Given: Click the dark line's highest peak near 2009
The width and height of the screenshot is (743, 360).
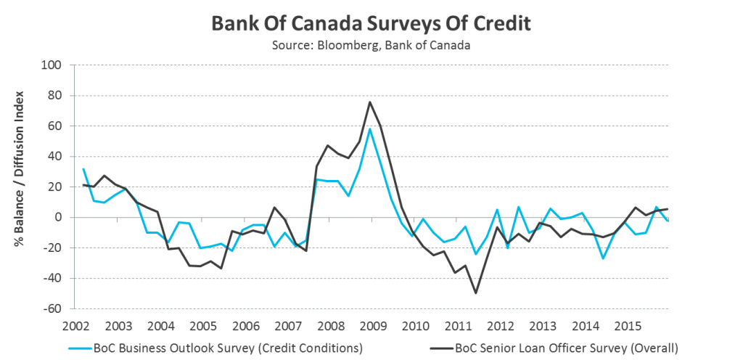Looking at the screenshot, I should (369, 102).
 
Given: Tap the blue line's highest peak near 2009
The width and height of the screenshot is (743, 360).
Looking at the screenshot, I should (369, 129).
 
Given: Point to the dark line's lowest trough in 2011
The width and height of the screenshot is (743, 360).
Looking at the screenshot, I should (475, 292).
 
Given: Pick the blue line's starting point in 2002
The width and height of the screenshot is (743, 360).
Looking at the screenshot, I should (83, 169).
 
